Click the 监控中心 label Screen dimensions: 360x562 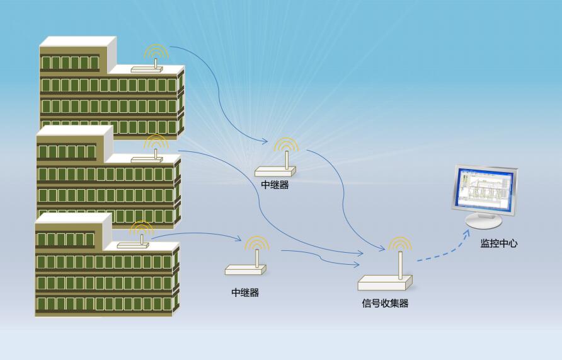(499, 243)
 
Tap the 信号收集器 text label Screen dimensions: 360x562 (385, 303)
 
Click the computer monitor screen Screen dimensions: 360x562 (484, 190)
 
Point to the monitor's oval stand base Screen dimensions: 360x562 (483, 221)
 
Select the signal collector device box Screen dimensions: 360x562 (384, 282)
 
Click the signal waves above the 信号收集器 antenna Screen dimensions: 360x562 (399, 243)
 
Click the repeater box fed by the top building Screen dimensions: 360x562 (275, 171)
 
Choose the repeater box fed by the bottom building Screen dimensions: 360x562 (245, 270)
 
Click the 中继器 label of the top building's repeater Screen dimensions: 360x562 (275, 185)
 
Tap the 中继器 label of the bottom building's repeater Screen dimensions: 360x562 (245, 293)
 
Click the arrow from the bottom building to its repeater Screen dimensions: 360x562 (195, 235)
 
